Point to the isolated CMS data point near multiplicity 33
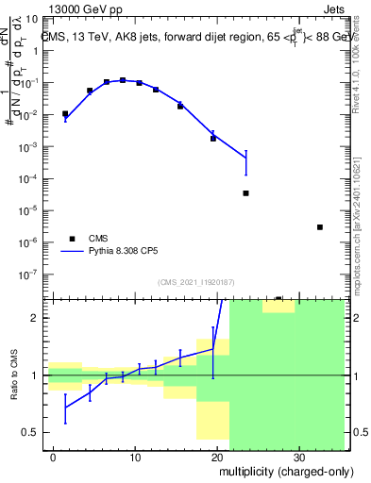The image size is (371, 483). [320, 227]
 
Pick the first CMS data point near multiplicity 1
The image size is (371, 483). [65, 114]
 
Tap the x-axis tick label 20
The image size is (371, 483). [216, 455]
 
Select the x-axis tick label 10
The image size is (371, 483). [135, 455]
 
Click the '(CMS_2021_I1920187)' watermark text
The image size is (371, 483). [194, 281]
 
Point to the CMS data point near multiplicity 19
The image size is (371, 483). [213, 139]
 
